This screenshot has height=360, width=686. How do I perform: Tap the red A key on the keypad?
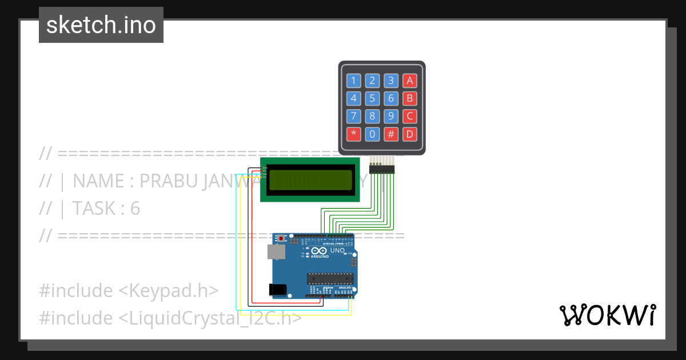409,81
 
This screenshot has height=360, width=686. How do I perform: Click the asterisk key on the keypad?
354,135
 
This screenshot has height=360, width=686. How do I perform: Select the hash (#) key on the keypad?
391,135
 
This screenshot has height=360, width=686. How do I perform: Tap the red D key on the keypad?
409,135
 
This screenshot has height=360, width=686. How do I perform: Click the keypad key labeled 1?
354,81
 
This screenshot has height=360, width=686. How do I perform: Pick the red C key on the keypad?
409,117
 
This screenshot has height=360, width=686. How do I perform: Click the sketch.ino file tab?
101,25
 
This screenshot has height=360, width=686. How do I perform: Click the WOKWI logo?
607,315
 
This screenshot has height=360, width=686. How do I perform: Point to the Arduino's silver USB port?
276,251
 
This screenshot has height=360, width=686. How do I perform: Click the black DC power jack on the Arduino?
278,289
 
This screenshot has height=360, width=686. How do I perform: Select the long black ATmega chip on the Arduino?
330,278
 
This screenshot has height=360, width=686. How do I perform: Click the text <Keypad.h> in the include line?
168,290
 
